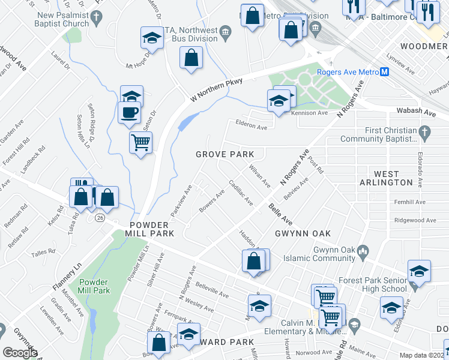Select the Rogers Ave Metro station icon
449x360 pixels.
click(x=385, y=72)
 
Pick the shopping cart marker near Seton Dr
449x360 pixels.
click(x=140, y=143)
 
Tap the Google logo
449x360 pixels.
click(x=20, y=353)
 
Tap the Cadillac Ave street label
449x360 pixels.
click(x=240, y=193)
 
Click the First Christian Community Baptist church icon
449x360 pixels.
click(x=424, y=131)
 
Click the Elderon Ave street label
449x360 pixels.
click(x=252, y=127)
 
